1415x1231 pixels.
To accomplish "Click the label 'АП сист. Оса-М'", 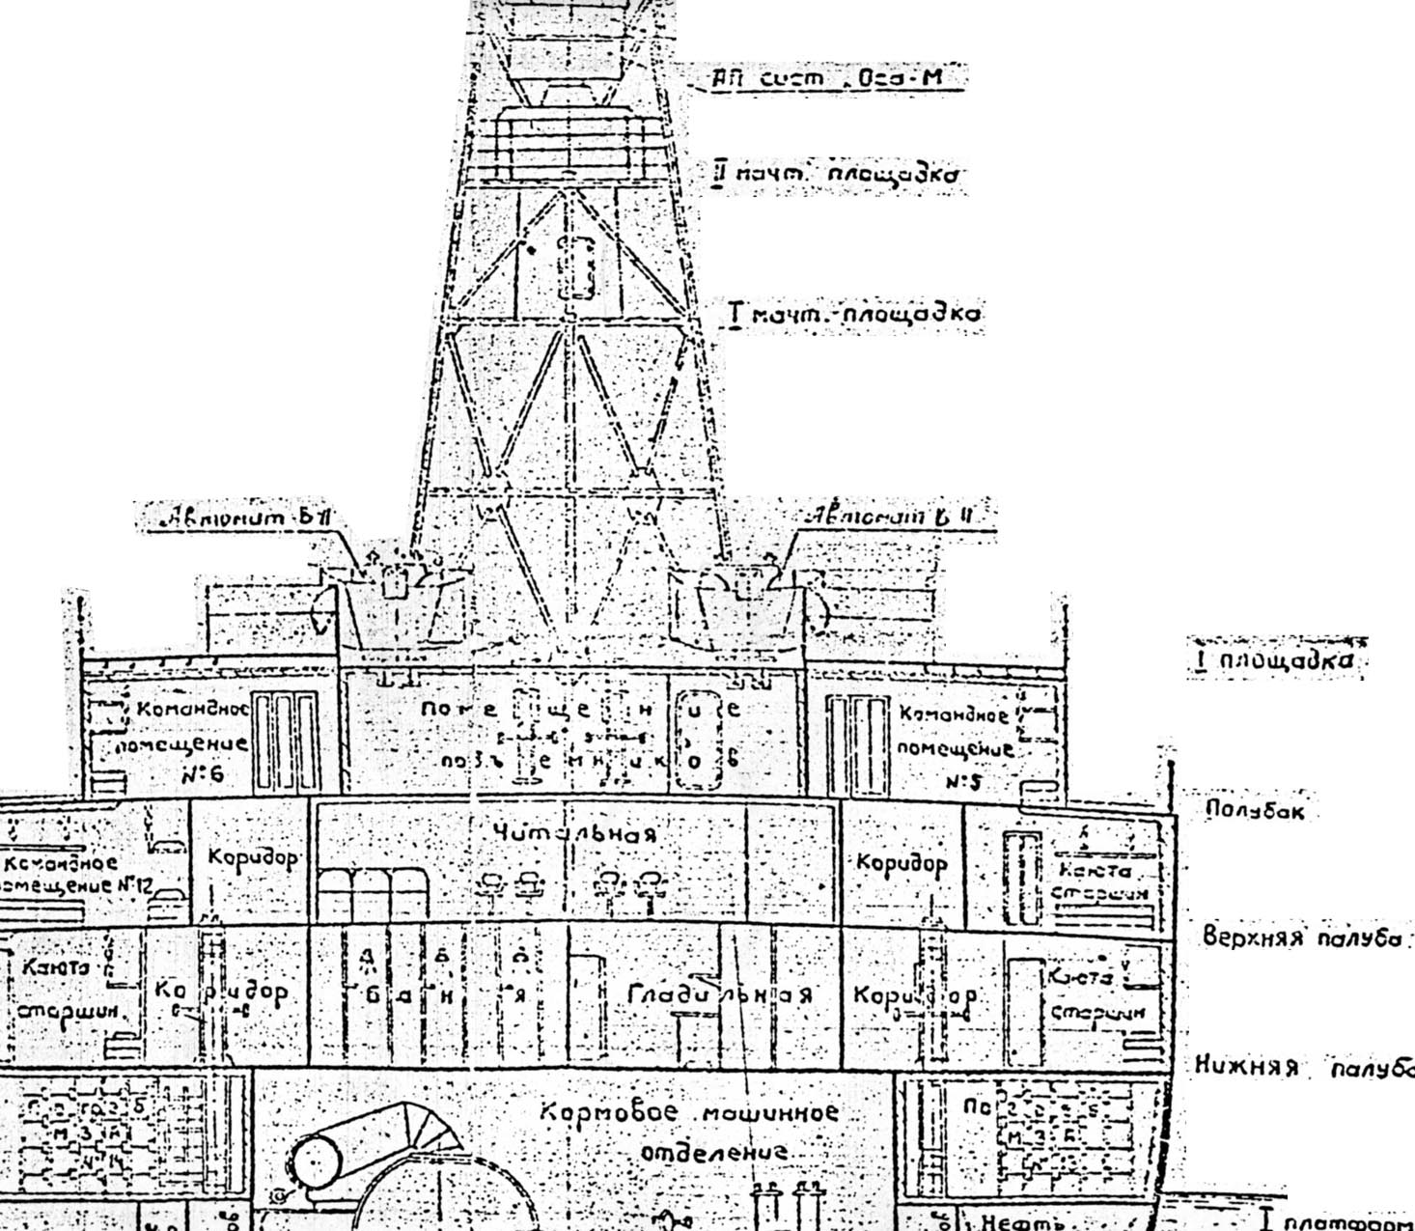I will coord(825,78).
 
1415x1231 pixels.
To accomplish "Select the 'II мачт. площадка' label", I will coord(835,175).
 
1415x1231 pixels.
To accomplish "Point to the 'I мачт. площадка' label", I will coord(854,315).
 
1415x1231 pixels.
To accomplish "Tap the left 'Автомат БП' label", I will coord(248,518).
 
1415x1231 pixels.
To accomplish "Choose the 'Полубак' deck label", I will coord(1256,811).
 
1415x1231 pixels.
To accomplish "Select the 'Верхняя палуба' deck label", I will coord(1302,938).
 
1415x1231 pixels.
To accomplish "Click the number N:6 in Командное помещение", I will coord(200,773).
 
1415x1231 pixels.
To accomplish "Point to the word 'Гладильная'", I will coord(719,993).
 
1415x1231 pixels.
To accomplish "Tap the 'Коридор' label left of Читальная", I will coord(253,858).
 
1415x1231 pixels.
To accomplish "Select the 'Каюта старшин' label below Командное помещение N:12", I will coord(67,990).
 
